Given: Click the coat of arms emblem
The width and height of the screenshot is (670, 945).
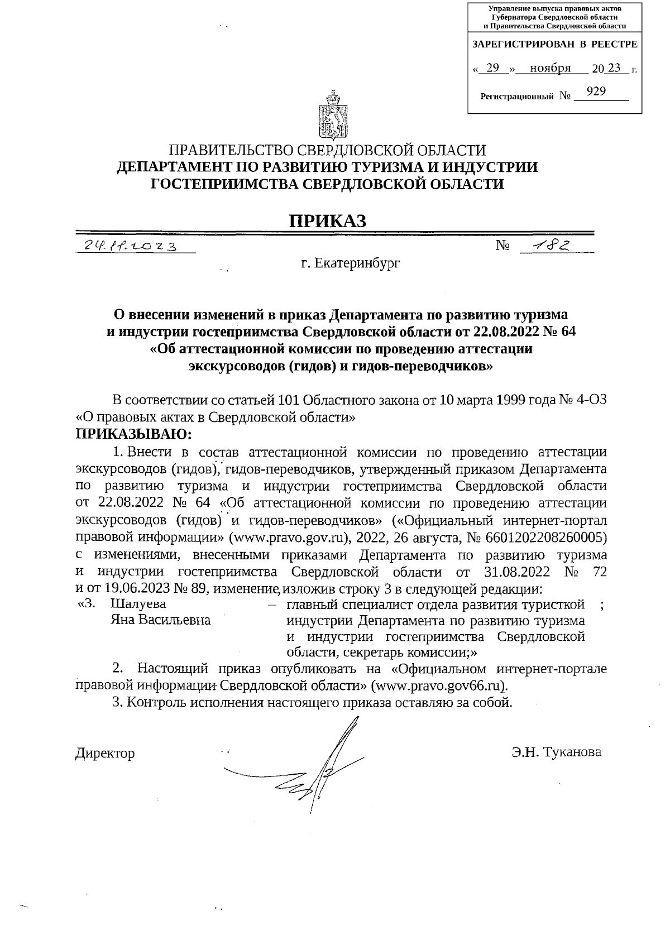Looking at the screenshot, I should tap(333, 115).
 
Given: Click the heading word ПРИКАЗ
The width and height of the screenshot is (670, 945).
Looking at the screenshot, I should tap(328, 221).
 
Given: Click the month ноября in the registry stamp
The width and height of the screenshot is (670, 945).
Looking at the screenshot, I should tap(550, 68).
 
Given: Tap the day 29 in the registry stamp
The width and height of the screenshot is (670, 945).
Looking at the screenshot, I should tap(492, 68).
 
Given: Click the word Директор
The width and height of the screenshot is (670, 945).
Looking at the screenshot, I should tap(105, 754).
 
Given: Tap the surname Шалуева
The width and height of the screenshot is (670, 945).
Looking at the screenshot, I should tap(138, 605).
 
